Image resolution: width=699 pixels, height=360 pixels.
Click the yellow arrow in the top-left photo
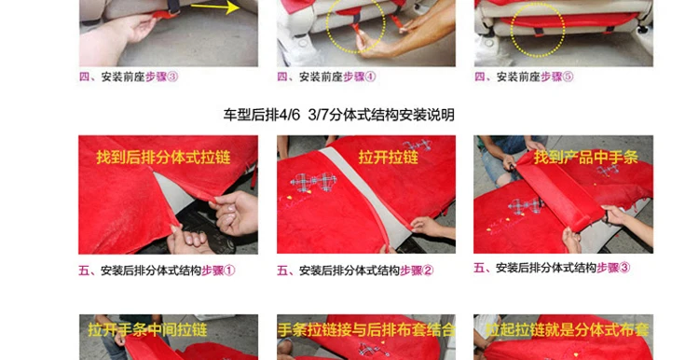215,7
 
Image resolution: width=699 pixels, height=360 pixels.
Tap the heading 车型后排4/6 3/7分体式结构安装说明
339,115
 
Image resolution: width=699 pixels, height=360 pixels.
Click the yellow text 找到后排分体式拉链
163,157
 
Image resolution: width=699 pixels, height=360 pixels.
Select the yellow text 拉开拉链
389,157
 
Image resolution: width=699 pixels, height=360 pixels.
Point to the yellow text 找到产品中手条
586,157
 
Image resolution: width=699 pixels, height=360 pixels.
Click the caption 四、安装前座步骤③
129,76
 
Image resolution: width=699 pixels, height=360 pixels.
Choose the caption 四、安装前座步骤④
326,76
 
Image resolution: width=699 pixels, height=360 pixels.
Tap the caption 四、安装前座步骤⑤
524,76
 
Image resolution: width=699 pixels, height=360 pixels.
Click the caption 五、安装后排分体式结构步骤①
157,270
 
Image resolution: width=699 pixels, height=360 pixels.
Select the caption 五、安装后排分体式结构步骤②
355,270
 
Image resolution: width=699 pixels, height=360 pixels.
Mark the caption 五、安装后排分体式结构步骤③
552,268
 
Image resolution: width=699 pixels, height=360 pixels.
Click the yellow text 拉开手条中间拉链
147,330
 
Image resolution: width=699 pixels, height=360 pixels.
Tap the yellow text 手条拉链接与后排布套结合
366,330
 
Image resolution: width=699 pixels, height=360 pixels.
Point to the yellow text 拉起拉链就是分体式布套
567,330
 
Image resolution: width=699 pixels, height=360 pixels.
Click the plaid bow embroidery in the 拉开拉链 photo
313,183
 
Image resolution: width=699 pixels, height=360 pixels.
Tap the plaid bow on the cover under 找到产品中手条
525,207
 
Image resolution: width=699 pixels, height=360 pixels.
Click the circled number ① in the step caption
229,270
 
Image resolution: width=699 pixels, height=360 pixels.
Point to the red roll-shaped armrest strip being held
561,190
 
